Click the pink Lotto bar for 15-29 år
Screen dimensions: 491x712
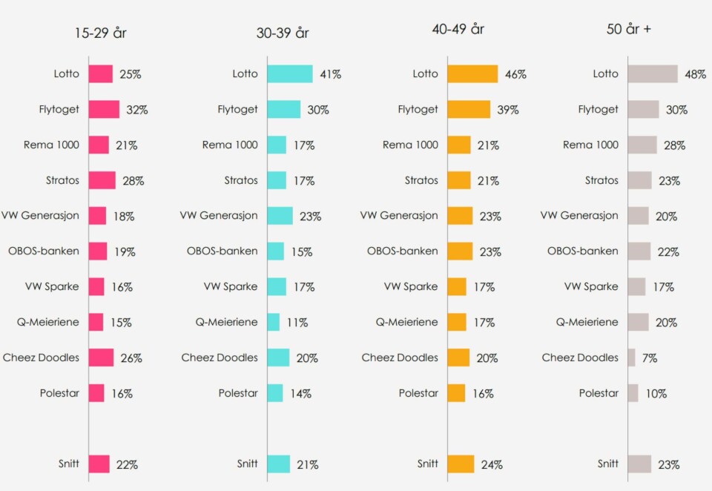(x=101, y=74)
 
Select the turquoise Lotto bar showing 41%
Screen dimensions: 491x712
(x=290, y=74)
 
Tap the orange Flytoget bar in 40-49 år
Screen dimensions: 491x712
(x=469, y=110)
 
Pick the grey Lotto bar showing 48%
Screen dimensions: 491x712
(x=653, y=74)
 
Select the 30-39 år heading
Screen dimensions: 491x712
(x=283, y=33)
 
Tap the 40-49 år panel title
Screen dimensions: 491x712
(x=458, y=30)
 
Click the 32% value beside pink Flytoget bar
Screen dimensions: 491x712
(x=136, y=110)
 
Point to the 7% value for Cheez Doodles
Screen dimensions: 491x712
(x=650, y=358)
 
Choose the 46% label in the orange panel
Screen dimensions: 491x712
(x=515, y=74)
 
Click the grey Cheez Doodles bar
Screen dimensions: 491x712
(x=632, y=357)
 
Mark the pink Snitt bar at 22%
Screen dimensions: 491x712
(x=99, y=464)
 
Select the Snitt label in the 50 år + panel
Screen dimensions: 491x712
(x=608, y=464)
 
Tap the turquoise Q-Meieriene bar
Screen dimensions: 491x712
(x=274, y=322)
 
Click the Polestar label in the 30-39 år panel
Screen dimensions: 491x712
(x=238, y=393)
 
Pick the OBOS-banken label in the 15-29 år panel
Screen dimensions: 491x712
(x=44, y=251)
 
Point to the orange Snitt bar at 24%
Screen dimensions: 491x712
(x=461, y=464)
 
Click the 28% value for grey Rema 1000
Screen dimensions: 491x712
(x=674, y=145)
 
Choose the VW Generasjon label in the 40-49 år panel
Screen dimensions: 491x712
(x=399, y=216)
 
